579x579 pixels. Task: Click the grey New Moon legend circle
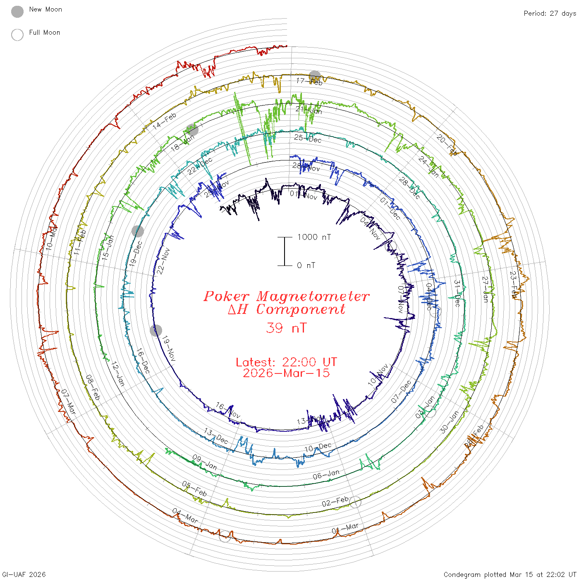(17, 12)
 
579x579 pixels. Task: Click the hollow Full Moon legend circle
(17, 35)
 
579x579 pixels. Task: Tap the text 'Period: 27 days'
(550, 13)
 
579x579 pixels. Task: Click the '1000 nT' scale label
(314, 237)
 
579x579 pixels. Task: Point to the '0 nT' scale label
(306, 265)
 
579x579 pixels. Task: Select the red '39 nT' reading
(286, 328)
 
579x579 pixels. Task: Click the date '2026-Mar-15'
(286, 373)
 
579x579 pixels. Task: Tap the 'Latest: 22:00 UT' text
(286, 362)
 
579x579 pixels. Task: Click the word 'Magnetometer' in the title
(313, 296)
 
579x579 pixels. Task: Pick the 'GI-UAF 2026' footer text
(24, 574)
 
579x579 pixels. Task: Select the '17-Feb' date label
(309, 81)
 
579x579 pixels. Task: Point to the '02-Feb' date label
(335, 502)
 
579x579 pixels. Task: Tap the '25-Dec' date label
(308, 139)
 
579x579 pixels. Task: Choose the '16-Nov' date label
(228, 410)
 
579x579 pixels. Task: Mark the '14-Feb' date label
(165, 121)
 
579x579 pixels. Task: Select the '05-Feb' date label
(194, 489)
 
